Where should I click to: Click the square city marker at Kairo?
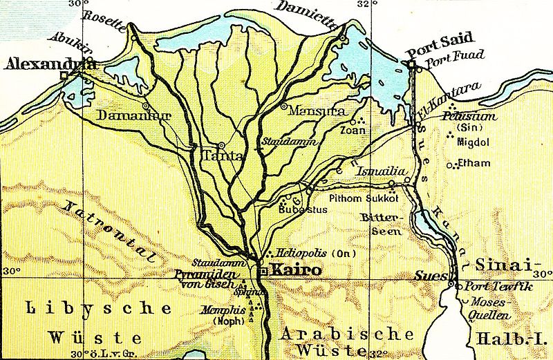262,272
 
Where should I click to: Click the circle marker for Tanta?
221,146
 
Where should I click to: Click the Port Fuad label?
447,64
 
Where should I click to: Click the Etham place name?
476,164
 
